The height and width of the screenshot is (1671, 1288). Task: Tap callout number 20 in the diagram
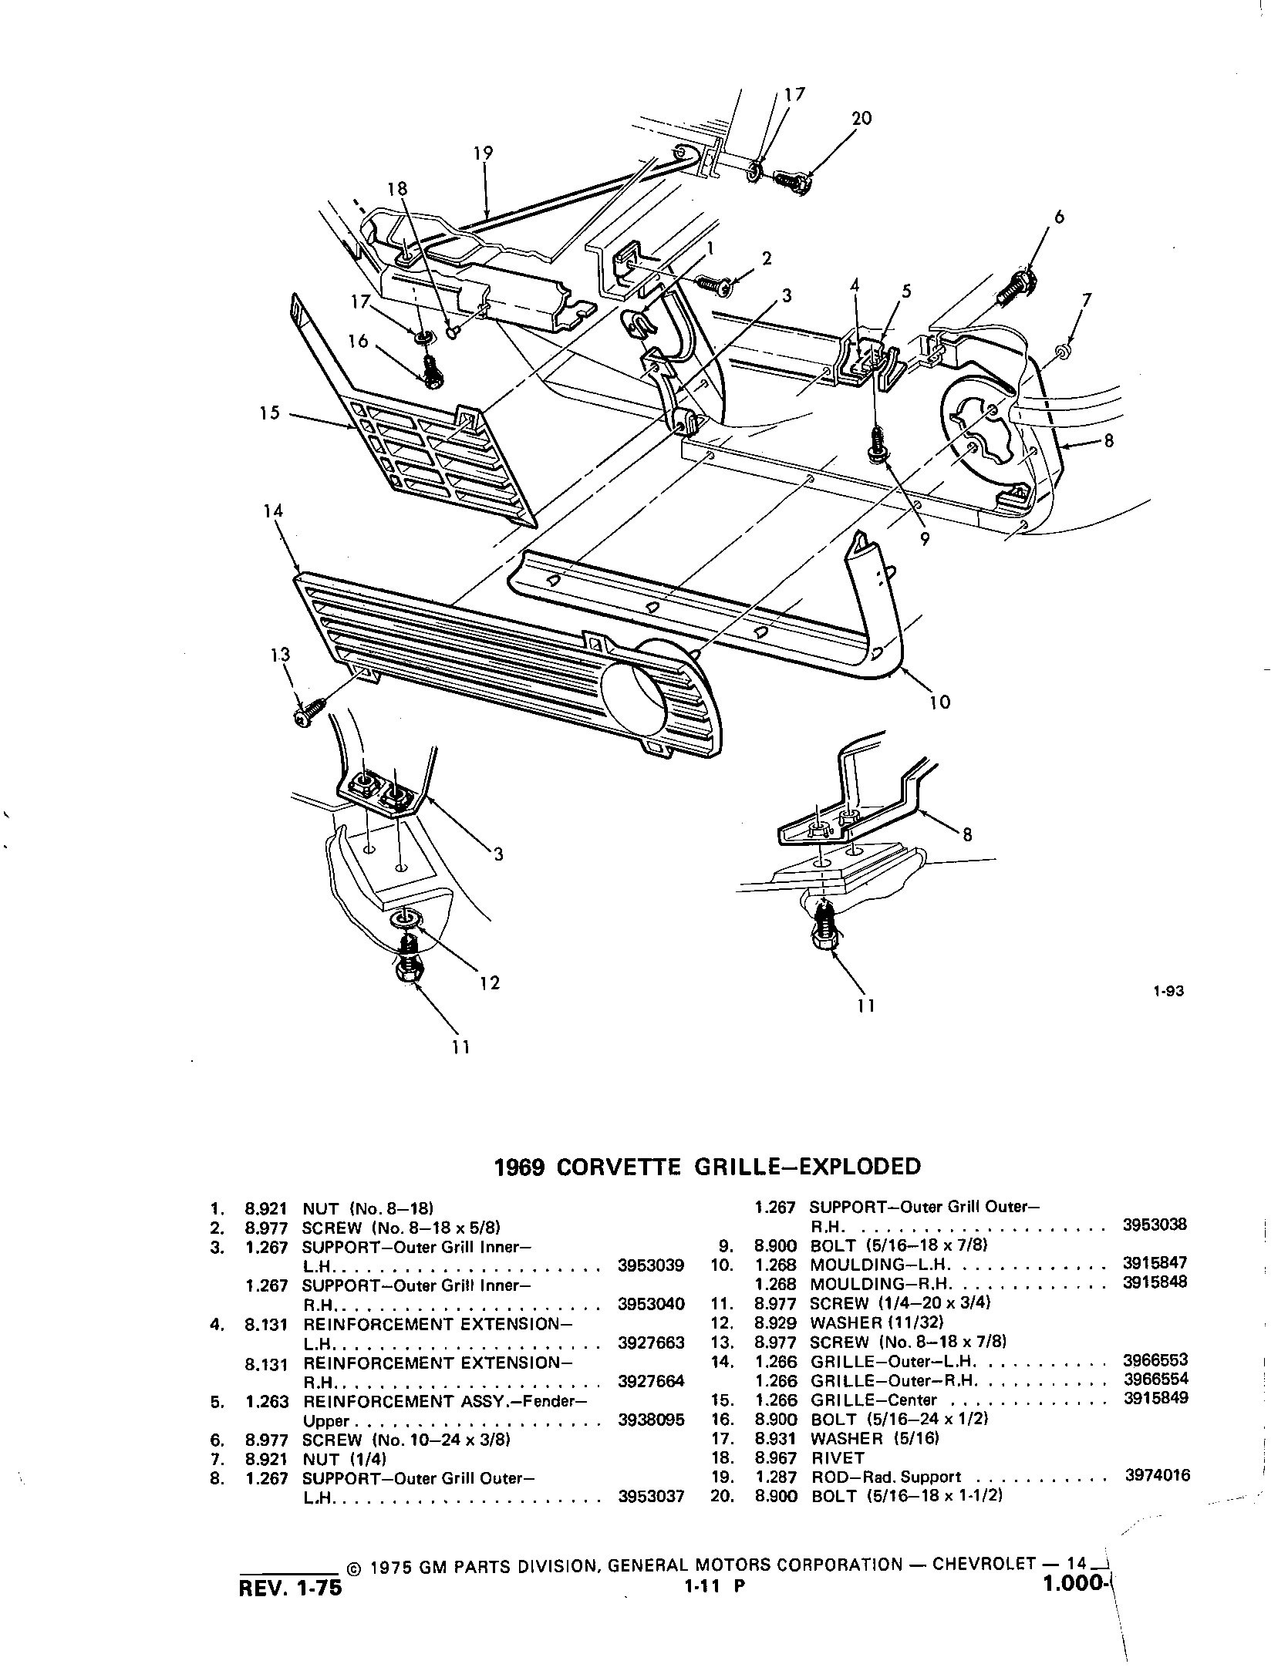pos(861,119)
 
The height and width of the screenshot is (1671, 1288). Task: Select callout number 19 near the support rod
pos(484,153)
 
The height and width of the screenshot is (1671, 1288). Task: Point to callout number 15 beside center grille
pos(268,414)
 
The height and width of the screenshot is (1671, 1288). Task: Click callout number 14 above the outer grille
pos(273,511)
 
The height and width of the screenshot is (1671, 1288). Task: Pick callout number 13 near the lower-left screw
pos(280,655)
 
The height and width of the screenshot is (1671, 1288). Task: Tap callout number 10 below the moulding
pos(939,702)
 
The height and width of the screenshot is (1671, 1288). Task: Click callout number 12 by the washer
pos(490,982)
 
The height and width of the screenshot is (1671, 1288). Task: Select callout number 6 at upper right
pos(1059,217)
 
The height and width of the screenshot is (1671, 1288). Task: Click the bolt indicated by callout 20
pos(791,184)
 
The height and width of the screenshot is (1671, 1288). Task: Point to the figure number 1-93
pos(1168,992)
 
